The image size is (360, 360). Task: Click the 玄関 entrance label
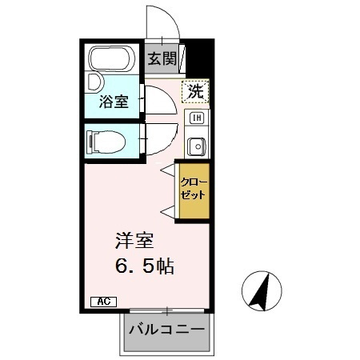162,58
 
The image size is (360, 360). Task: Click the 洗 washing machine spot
195,92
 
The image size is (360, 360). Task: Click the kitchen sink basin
196,146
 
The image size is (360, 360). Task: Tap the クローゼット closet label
194,190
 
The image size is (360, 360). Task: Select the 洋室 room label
128,240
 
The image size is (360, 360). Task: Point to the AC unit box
103,302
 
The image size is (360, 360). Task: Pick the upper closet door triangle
168,170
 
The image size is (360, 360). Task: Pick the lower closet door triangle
168,210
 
